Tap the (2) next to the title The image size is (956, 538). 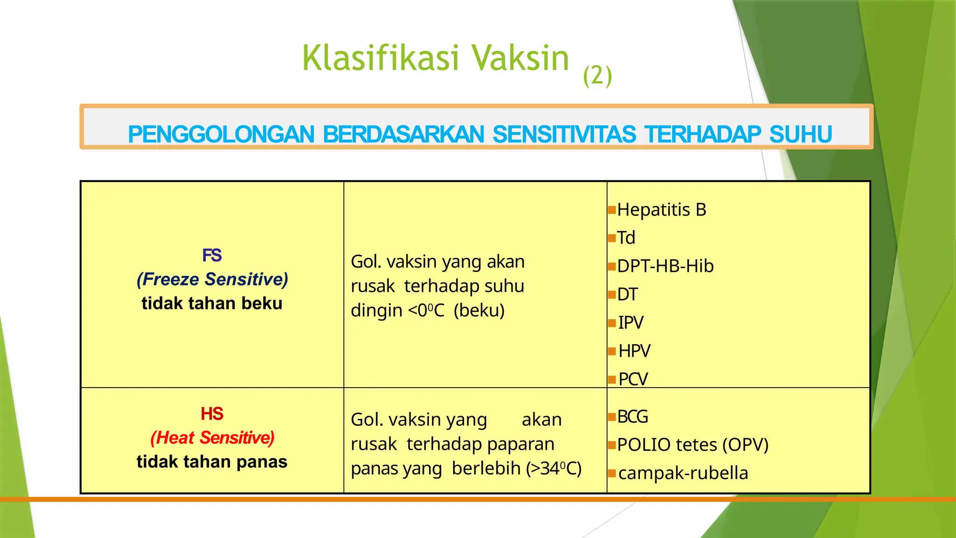point(597,76)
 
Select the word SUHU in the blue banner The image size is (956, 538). point(801,134)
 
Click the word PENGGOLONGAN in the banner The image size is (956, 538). point(221,134)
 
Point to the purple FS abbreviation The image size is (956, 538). point(212,255)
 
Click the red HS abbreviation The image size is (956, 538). point(212,414)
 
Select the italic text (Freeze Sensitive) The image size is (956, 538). point(212,279)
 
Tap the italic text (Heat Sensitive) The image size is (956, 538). point(212,438)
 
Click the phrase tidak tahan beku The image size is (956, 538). point(212,304)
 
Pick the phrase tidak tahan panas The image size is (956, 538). point(212,462)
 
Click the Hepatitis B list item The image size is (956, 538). point(661,210)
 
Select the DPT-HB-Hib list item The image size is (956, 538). point(665,266)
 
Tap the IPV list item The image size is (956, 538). point(631,323)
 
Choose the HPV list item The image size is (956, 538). point(634,351)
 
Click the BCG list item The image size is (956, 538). point(633,417)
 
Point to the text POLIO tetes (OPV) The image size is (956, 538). point(693,445)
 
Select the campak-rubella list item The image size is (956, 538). point(683,473)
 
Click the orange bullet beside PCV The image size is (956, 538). point(612,380)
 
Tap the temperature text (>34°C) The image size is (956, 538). point(554,468)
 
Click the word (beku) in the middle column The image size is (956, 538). point(479,311)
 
